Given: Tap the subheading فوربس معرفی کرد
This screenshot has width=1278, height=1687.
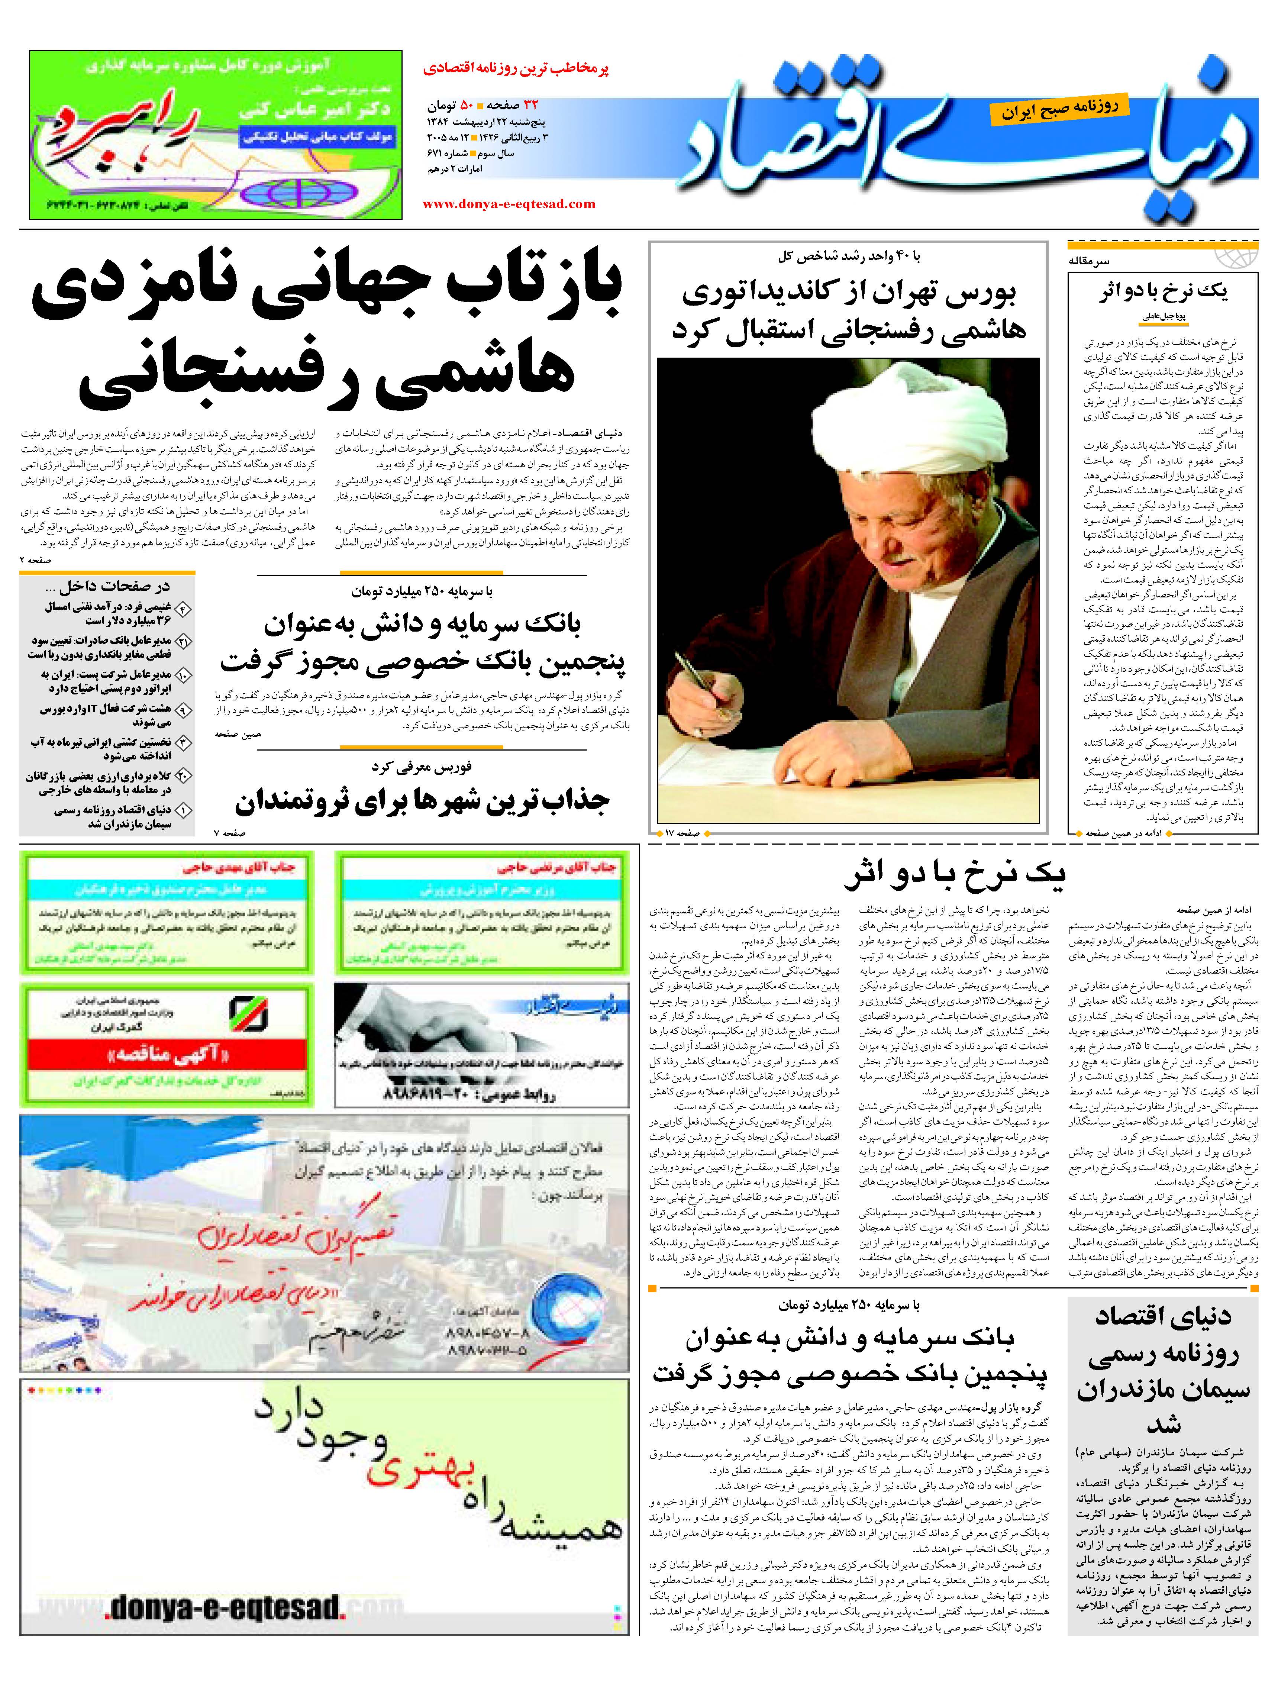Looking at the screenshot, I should [422, 767].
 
